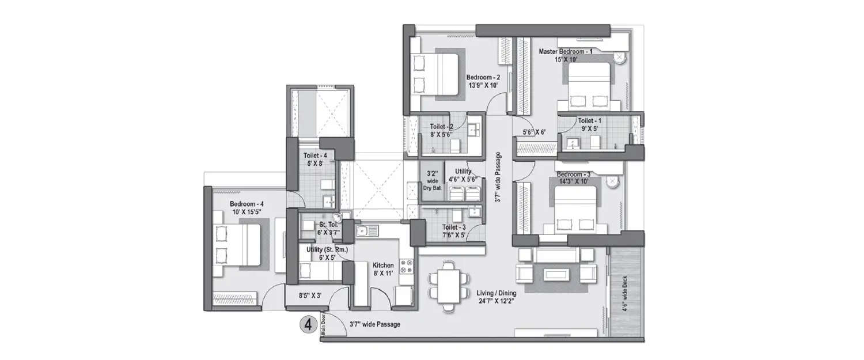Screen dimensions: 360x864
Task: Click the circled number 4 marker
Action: tap(309, 324)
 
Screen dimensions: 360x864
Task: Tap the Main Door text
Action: tap(324, 327)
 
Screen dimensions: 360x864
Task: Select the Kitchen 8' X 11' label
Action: tap(382, 270)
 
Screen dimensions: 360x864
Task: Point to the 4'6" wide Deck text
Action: tap(626, 294)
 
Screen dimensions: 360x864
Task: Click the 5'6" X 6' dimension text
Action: tap(533, 132)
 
